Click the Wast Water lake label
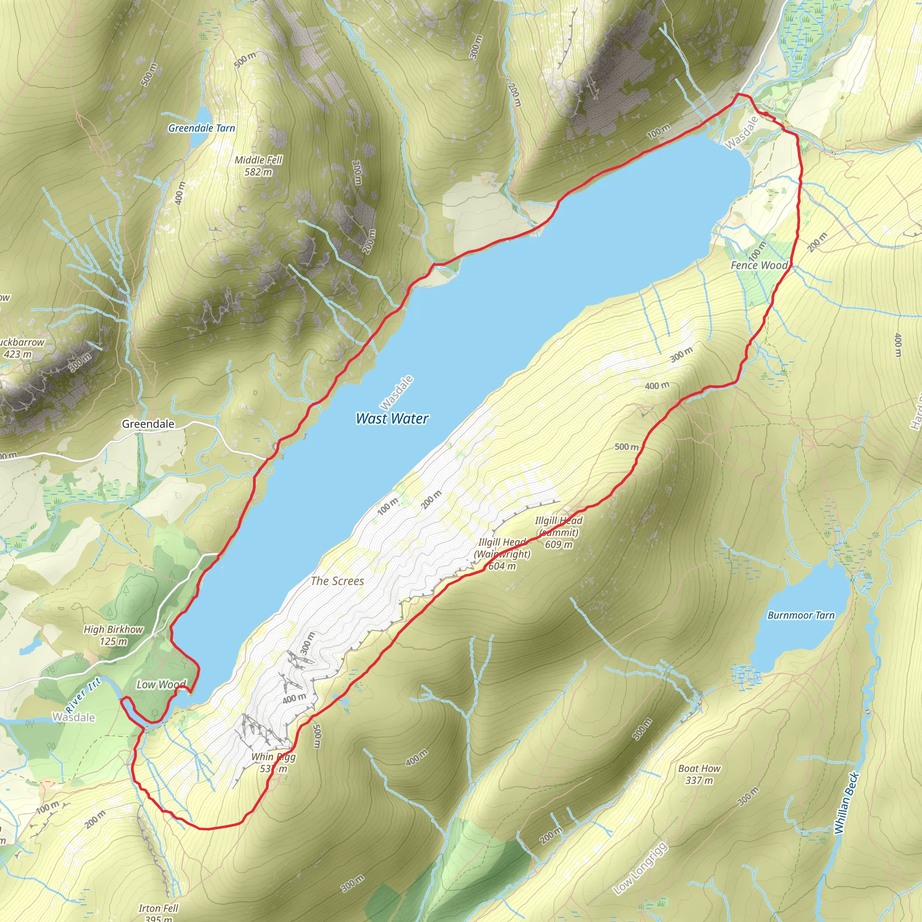[392, 419]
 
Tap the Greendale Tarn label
[201, 128]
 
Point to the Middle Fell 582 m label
[258, 166]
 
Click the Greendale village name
[148, 424]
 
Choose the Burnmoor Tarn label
[801, 615]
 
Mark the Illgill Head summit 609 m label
[558, 532]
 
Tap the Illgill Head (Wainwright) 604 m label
[502, 554]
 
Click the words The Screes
[337, 581]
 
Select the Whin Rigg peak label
[273, 762]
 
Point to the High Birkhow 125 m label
[113, 635]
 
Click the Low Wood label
[161, 684]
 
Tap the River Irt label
[84, 695]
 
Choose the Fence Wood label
[759, 265]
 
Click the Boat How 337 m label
[699, 774]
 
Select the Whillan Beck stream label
[847, 803]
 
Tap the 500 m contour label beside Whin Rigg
[316, 736]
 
